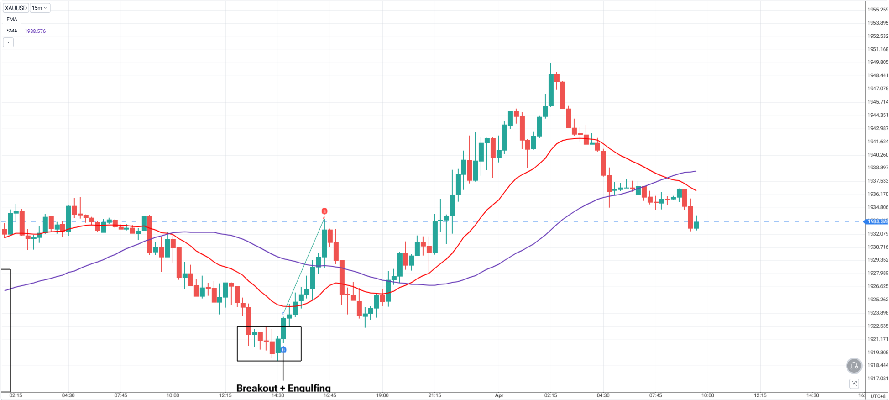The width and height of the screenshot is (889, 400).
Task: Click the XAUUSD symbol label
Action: point(16,8)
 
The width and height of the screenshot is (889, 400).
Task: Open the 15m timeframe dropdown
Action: point(40,8)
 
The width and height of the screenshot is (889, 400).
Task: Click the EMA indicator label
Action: point(12,19)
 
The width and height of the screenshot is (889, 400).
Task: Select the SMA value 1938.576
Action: point(35,31)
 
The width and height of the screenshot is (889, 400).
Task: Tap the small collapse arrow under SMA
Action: point(8,42)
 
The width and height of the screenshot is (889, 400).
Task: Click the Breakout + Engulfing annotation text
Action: point(283,388)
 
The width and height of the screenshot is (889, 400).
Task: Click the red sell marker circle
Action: point(324,211)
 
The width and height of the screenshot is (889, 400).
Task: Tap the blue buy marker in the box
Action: point(283,350)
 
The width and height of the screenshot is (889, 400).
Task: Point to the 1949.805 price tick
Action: point(877,62)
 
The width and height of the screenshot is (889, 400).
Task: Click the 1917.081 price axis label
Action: point(877,379)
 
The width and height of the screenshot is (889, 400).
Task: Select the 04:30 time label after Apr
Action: point(603,395)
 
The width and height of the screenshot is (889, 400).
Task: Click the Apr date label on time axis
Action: point(499,395)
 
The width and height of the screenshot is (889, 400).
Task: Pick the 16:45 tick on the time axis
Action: point(330,395)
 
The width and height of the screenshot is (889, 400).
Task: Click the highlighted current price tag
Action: point(877,221)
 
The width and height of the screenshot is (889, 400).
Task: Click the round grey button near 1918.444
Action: point(854,365)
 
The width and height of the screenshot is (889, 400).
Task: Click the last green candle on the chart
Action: point(696,225)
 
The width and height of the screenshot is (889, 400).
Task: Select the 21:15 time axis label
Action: point(434,395)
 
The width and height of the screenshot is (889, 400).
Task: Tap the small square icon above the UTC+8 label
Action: point(854,384)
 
